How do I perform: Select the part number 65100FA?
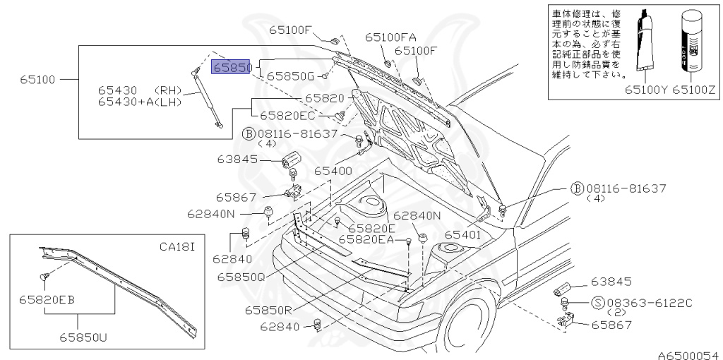click(x=390, y=37)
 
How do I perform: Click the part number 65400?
click(x=333, y=171)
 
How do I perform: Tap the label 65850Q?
click(x=240, y=277)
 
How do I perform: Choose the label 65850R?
click(x=269, y=309)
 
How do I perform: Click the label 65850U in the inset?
click(x=82, y=337)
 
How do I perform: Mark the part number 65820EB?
click(x=47, y=299)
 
